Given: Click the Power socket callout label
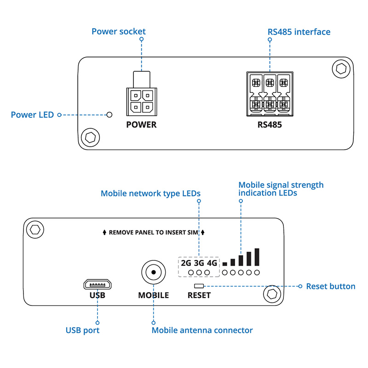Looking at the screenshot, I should pos(118,32).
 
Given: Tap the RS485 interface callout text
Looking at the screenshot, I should pos(299,32).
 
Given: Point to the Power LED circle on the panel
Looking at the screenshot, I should pos(109,114).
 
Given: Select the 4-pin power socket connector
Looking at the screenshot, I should pos(142,102).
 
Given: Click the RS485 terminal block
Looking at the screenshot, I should pos(270,94).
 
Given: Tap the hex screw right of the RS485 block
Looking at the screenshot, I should pos(341,69).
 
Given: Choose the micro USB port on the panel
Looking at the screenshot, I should pos(98,283).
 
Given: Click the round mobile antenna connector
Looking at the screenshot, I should pos(153,273).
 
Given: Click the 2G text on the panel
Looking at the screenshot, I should pos(186,264).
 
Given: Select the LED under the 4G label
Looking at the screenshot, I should pos(207,273).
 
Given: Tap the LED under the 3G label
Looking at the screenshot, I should pos(199,273).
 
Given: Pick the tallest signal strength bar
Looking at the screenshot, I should pos(257,257).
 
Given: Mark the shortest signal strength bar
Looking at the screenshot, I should pos(225,264).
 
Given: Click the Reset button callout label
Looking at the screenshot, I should pos(331,287).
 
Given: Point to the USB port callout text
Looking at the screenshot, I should pos(82,330).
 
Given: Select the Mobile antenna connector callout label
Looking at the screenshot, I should pos(202,330).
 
